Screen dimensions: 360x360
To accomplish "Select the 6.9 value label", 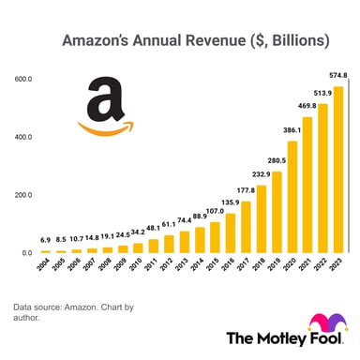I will tap(44, 241).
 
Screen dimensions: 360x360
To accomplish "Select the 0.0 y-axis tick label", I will tap(25, 252).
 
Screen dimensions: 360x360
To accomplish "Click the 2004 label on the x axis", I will tap(44, 267).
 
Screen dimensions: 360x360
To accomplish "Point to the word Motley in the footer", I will tap(272, 338).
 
